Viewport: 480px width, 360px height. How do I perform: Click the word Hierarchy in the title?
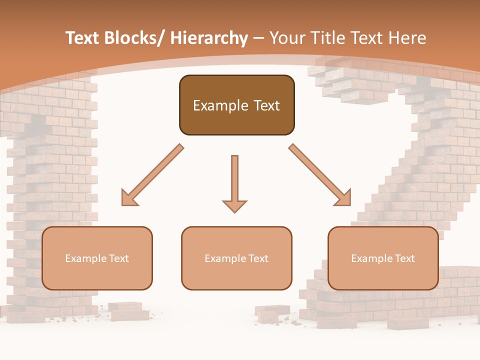tap(209, 38)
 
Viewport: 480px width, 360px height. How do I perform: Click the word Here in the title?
tap(407, 38)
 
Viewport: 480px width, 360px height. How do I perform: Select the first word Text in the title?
tap(83, 38)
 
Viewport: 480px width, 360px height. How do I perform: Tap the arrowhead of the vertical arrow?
tap(234, 205)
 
